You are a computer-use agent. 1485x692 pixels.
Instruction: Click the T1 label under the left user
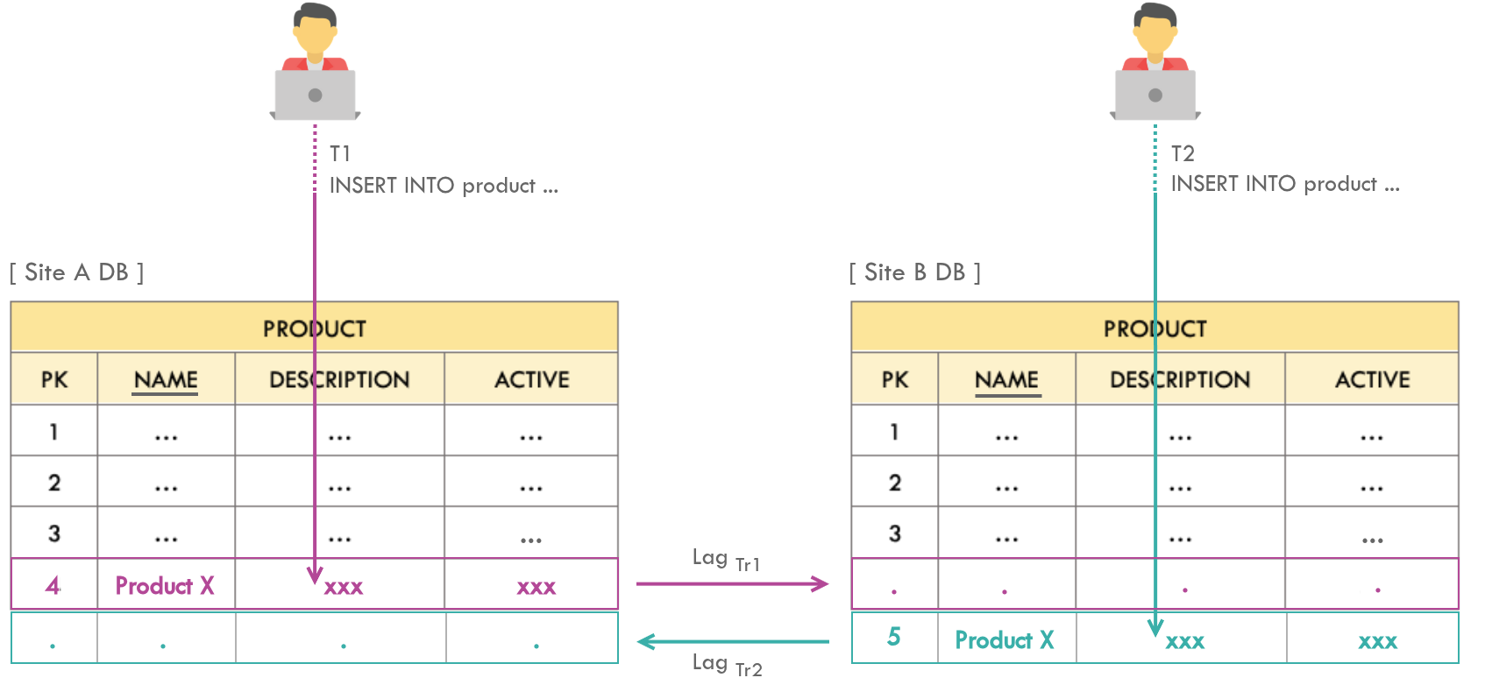click(x=340, y=154)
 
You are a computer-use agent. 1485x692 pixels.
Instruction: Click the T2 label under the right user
click(x=1183, y=154)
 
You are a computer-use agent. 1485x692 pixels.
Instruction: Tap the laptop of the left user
click(x=315, y=95)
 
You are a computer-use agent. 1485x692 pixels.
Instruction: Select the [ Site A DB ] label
click(x=77, y=272)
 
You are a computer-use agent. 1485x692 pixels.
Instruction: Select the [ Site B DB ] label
click(x=915, y=272)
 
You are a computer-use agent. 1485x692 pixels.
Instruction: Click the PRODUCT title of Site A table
click(x=315, y=328)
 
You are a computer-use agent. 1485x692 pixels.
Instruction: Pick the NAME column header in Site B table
click(x=1006, y=380)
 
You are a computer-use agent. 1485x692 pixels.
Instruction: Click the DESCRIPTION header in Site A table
click(x=339, y=380)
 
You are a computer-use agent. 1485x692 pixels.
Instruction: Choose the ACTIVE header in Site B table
click(x=1372, y=380)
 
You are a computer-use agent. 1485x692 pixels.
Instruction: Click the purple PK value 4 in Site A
click(x=53, y=585)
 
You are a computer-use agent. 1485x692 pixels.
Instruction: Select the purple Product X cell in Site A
click(x=165, y=585)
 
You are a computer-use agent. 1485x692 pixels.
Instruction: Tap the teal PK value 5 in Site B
click(x=893, y=637)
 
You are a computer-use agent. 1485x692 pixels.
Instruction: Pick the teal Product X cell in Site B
click(x=1004, y=640)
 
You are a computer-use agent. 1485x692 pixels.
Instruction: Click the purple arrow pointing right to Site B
click(x=732, y=583)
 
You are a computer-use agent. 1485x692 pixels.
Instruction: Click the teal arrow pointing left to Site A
click(x=732, y=642)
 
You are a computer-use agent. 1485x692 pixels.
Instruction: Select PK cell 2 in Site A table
click(x=54, y=483)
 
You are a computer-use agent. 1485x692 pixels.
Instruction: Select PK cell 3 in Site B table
click(x=894, y=533)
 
